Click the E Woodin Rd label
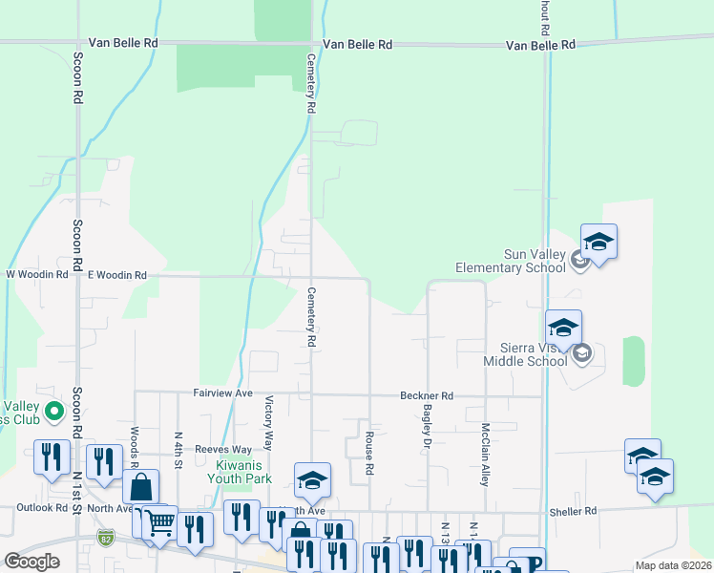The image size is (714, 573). (x=116, y=275)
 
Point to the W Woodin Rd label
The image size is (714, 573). (x=37, y=274)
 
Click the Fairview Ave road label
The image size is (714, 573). (x=222, y=393)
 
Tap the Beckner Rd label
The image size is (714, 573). (x=426, y=395)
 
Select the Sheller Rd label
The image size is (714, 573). (x=573, y=511)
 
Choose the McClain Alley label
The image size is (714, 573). (x=486, y=455)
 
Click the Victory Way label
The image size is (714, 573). (x=269, y=423)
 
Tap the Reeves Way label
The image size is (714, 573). (x=222, y=449)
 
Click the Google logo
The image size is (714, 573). (x=31, y=562)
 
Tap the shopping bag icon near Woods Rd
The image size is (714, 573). (x=140, y=487)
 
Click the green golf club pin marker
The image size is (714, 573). (x=54, y=412)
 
